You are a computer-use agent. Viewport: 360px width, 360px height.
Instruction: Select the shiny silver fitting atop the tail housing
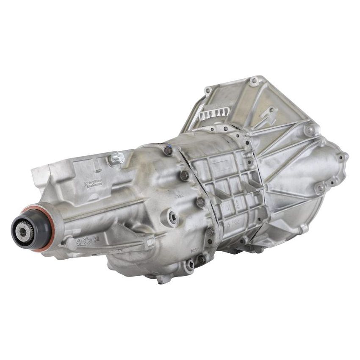click(117, 159)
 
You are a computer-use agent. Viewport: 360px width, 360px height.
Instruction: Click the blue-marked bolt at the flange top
click(168, 150)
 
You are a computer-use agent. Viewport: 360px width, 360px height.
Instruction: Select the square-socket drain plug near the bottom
click(189, 266)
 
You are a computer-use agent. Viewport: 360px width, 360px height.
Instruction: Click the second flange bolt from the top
click(185, 175)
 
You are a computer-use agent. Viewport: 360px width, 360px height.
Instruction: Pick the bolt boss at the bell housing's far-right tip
click(341, 157)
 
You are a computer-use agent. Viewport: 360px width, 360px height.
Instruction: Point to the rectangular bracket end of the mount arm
click(148, 242)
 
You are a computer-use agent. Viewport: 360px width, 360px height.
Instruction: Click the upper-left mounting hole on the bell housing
click(208, 90)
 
